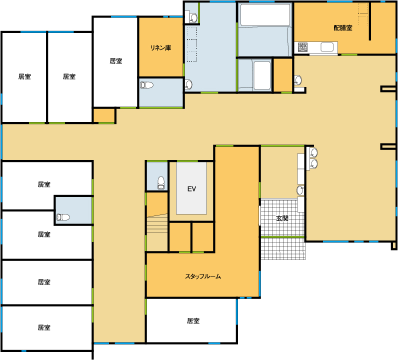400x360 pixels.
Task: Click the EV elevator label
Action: click(x=191, y=189)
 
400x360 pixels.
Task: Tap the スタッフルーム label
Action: click(x=203, y=276)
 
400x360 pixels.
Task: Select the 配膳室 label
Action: click(x=343, y=28)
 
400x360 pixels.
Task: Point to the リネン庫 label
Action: click(x=160, y=47)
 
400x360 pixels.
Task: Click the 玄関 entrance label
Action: click(x=282, y=218)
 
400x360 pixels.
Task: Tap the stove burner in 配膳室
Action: click(x=303, y=47)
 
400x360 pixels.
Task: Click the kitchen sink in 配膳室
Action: click(x=327, y=47)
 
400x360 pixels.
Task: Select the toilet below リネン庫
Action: click(x=146, y=85)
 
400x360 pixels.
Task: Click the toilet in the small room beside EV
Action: click(x=161, y=183)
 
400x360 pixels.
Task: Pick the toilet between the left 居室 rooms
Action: click(x=63, y=217)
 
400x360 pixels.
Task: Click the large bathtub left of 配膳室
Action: click(x=265, y=15)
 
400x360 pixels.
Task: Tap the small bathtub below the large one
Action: click(x=262, y=75)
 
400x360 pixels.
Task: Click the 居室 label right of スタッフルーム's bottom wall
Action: click(x=193, y=320)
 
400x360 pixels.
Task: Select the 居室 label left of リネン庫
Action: click(x=116, y=61)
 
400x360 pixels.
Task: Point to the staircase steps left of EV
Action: click(x=157, y=232)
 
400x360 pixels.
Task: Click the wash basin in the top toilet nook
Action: click(x=193, y=18)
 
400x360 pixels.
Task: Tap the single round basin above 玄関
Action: click(x=300, y=190)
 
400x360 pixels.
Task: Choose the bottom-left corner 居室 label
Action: click(x=44, y=327)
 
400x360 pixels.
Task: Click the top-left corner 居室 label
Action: click(x=24, y=76)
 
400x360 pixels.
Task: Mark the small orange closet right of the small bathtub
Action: click(x=283, y=75)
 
